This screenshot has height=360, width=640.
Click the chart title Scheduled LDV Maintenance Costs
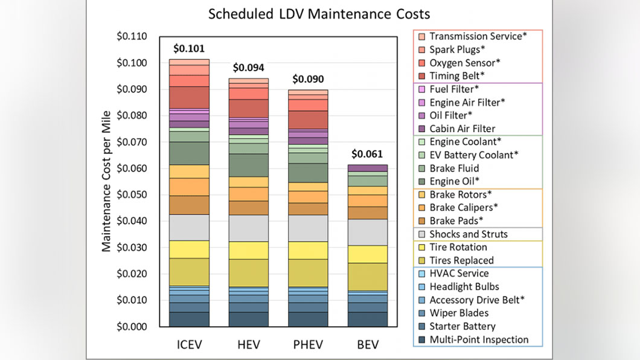click(319, 14)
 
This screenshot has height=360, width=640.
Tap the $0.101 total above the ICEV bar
click(189, 48)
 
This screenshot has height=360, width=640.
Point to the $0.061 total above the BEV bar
click(367, 154)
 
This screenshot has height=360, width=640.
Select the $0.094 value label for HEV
click(249, 67)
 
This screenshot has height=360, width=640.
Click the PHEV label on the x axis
click(308, 345)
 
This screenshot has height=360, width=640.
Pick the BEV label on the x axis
click(368, 345)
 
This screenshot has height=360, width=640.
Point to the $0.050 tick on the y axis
click(132, 194)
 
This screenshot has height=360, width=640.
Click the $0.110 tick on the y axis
click(132, 36)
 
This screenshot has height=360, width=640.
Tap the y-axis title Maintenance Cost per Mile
click(106, 181)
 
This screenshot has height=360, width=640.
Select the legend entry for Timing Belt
click(452, 76)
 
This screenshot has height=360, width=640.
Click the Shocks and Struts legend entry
click(463, 234)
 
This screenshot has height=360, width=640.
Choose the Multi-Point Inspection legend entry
click(473, 339)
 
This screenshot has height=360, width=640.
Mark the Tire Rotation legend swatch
click(422, 247)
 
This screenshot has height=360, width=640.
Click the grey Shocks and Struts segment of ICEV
click(190, 227)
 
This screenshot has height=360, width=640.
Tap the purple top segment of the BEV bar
click(368, 168)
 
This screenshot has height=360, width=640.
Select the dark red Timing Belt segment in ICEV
click(190, 98)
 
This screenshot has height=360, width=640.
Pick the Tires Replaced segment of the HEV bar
click(249, 272)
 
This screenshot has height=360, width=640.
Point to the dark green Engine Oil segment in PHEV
click(308, 173)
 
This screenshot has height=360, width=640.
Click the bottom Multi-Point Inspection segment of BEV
click(368, 319)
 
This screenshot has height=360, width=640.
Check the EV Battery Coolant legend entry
click(469, 155)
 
